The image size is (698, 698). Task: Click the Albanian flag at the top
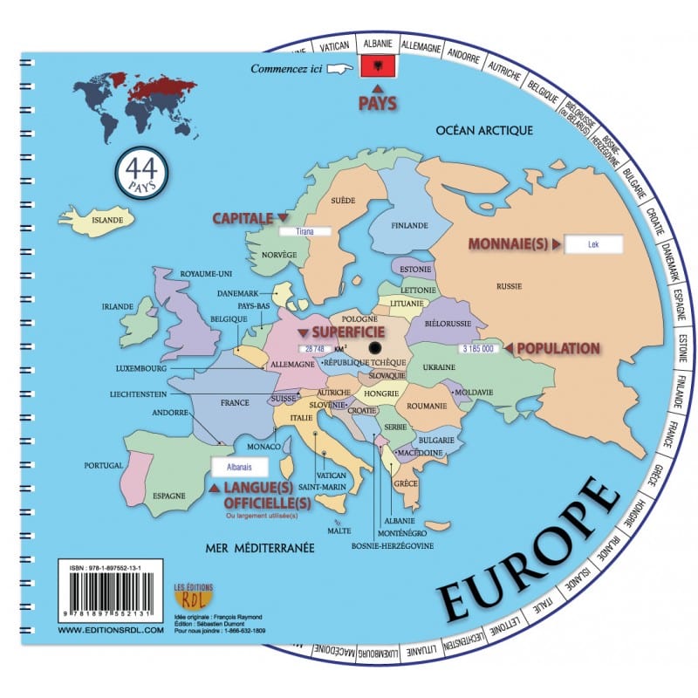click(377, 65)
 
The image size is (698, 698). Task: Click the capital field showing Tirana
click(305, 232)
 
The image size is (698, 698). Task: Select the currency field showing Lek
click(593, 246)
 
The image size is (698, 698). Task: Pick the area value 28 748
click(313, 348)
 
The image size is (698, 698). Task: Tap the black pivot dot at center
click(362, 348)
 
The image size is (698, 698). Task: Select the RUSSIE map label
click(509, 285)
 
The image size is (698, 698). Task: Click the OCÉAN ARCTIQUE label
click(485, 131)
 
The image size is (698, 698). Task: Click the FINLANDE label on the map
click(409, 225)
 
